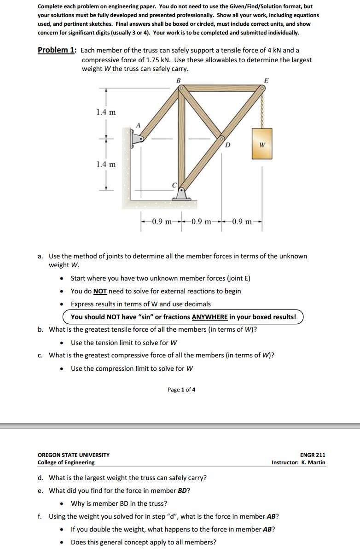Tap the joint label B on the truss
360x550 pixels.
179,80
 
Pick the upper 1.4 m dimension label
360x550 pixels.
106,112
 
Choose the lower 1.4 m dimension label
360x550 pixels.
106,164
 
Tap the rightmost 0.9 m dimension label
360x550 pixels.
242,222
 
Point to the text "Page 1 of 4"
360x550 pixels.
181,390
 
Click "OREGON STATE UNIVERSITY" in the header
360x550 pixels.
74,455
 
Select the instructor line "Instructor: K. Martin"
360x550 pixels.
298,462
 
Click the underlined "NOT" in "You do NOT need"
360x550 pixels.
100,291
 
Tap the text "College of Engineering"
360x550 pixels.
66,462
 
